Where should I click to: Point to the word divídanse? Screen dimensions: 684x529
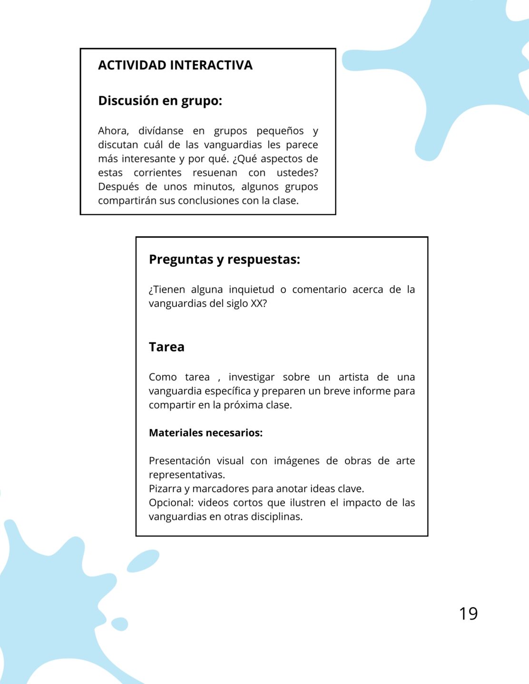coord(161,131)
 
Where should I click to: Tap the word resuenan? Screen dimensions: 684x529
coord(215,172)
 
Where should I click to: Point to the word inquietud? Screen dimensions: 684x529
coord(251,289)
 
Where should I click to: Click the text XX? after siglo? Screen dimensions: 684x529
coord(259,304)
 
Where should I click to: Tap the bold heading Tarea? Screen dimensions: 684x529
coord(167,347)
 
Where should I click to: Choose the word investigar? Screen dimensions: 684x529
coord(251,377)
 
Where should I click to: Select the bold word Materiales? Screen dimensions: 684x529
coord(176,433)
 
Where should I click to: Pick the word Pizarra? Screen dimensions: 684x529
coord(165,489)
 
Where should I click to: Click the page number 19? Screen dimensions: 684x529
coord(468,613)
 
